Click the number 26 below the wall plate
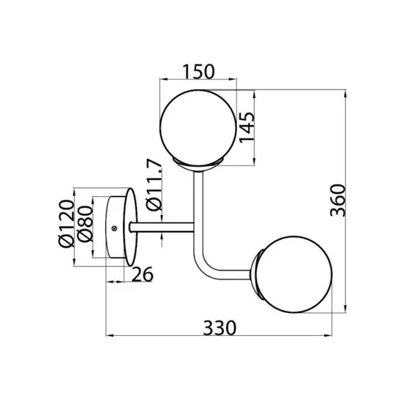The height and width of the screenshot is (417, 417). point(143,274)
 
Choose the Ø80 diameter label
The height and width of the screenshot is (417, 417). point(84,226)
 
